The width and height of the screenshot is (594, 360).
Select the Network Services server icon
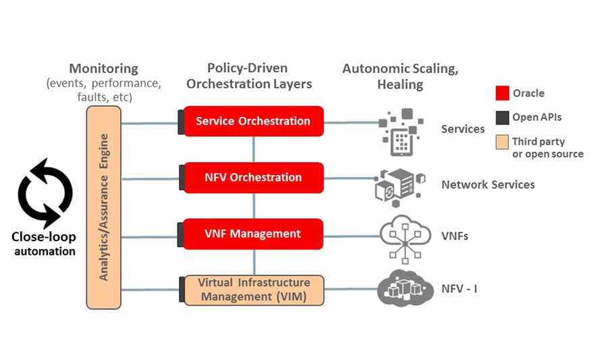400,184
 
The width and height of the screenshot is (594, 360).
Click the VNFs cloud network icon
405,237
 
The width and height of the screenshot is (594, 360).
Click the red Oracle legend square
502,93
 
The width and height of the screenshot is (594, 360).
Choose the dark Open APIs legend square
502,118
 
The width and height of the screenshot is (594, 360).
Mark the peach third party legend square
502,142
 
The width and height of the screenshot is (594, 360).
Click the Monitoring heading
103,69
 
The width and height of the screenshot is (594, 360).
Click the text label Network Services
487,184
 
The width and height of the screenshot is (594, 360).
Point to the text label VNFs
454,236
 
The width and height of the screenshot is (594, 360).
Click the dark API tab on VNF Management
181,234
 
